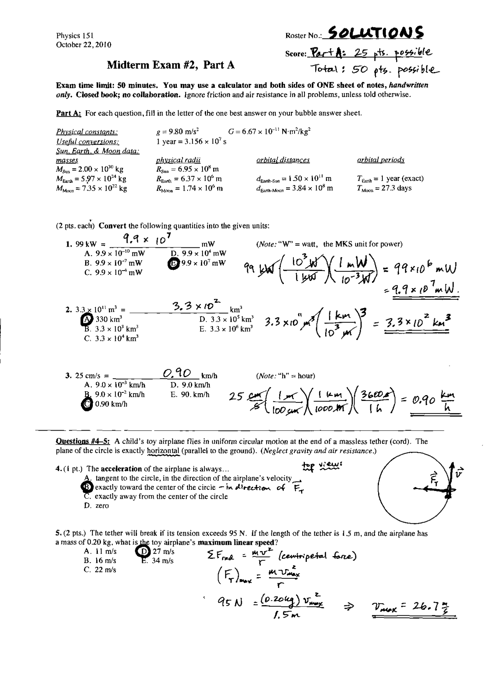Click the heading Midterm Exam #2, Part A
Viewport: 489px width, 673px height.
pyautogui.click(x=170, y=65)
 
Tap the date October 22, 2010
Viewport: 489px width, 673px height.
pyautogui.click(x=84, y=45)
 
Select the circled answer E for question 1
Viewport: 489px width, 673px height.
pyautogui.click(x=173, y=263)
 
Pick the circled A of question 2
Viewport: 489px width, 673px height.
pyautogui.click(x=87, y=319)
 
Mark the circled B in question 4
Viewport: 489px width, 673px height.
pyautogui.click(x=87, y=487)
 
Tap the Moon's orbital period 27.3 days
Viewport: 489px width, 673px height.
pyautogui.click(x=384, y=188)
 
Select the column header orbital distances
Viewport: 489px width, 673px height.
pyautogui.click(x=283, y=160)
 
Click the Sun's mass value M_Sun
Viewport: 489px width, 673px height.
pyautogui.click(x=90, y=169)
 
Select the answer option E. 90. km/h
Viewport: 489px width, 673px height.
pyautogui.click(x=190, y=395)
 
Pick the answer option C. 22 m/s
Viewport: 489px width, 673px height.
pyautogui.click(x=100, y=570)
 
